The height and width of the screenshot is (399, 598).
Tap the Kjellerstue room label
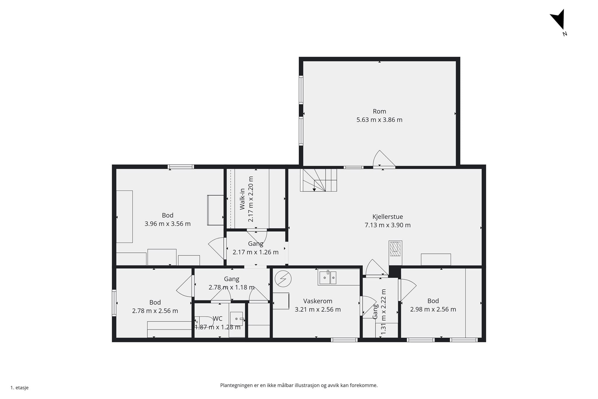387,217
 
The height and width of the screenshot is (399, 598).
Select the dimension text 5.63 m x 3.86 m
379,120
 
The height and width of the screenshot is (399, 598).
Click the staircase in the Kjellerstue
318,180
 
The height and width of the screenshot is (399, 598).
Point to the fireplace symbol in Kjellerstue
395,249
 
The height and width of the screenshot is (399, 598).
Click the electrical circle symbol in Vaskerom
283,279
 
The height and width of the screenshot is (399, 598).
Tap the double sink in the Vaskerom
328,277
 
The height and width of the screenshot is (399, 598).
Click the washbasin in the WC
237,319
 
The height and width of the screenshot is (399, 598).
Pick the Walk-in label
242,199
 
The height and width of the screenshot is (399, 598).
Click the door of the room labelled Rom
384,159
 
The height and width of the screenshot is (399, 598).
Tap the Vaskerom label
318,301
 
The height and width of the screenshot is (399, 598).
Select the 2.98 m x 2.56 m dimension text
433,309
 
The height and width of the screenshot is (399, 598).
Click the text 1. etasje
20,388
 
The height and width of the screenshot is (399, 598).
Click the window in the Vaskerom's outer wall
344,340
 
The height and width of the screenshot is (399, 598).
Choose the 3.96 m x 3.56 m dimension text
168,224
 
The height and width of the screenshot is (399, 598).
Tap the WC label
218,318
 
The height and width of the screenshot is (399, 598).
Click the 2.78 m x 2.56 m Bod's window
114,303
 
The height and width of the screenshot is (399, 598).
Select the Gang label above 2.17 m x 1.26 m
255,244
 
